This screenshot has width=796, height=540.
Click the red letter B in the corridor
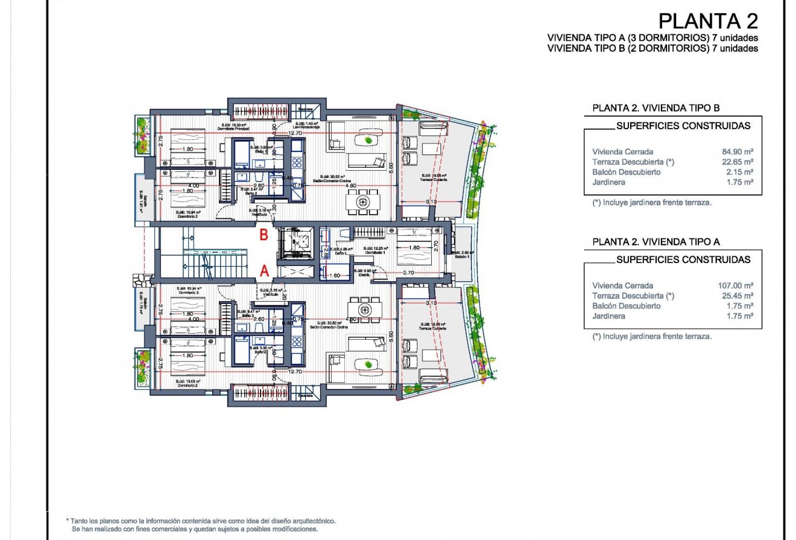(x=264, y=235)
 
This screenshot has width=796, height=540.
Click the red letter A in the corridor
(x=264, y=272)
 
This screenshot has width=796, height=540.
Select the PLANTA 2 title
(x=708, y=21)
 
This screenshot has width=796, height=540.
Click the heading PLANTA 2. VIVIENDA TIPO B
(x=656, y=109)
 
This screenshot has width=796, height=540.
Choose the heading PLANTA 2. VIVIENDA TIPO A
(x=656, y=242)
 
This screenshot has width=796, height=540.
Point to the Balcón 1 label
(x=464, y=256)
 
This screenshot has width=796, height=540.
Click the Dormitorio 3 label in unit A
(x=188, y=293)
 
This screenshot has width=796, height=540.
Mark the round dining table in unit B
(x=364, y=201)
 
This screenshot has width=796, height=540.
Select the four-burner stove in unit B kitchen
(x=297, y=162)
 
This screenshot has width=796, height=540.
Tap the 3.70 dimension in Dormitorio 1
(x=409, y=273)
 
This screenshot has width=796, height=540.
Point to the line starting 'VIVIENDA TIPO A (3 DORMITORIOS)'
(x=652, y=39)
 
